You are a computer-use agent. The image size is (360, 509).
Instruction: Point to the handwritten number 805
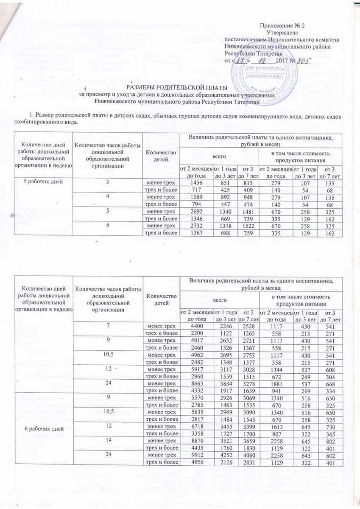(301, 61)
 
